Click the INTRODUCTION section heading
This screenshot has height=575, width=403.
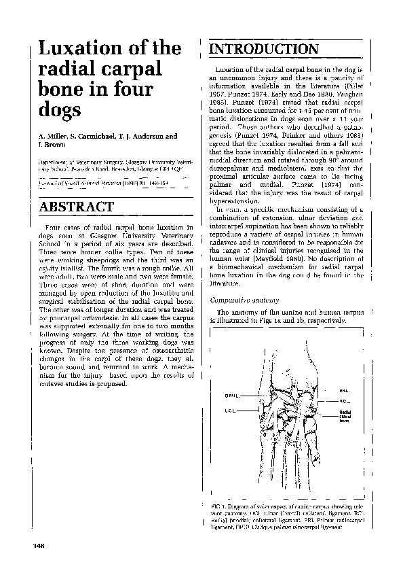264,50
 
